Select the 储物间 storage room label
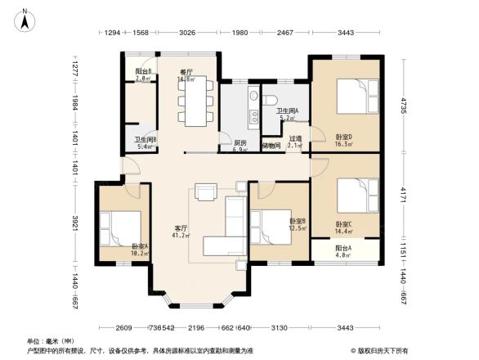click(x=272, y=146)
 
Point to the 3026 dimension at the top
click(x=187, y=32)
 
